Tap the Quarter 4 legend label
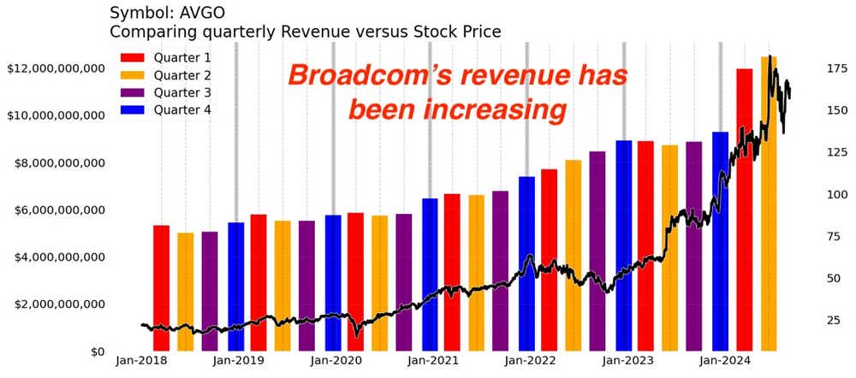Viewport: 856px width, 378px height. click(183, 109)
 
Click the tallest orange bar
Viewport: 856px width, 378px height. click(769, 205)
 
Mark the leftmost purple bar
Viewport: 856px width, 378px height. click(210, 291)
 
